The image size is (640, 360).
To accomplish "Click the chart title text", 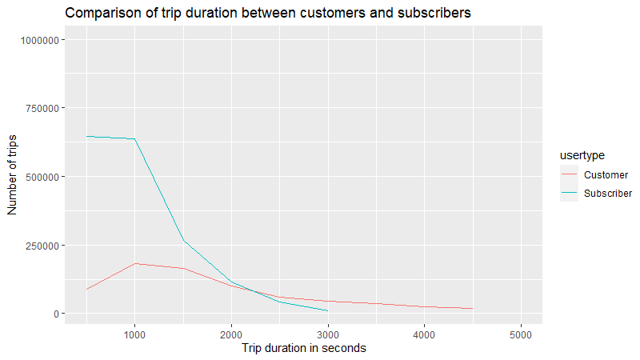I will pyautogui.click(x=268, y=13).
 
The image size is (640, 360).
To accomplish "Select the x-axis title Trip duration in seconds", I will pyautogui.click(x=304, y=348).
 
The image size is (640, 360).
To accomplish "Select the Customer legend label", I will pyautogui.click(x=606, y=174).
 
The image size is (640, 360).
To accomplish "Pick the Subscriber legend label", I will pyautogui.click(x=608, y=193).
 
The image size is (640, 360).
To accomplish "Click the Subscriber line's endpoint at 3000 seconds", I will pyautogui.click(x=328, y=310).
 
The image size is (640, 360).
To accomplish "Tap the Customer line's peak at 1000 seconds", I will pyautogui.click(x=134, y=263).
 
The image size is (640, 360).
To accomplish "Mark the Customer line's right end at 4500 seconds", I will pyautogui.click(x=473, y=308).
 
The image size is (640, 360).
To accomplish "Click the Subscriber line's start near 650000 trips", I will pyautogui.click(x=86, y=136).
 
